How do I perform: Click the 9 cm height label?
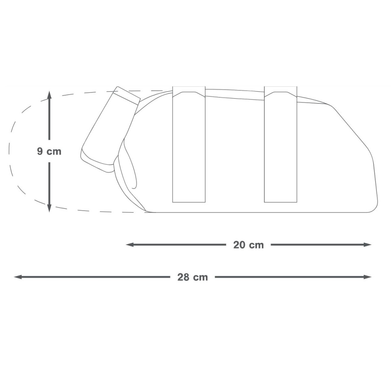coord(49,152)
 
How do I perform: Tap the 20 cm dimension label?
coord(248,245)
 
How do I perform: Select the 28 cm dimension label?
coord(193,277)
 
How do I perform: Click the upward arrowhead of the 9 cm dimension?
coord(49,95)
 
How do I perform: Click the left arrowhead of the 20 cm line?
coord(130,245)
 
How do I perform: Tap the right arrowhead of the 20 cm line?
coord(367,245)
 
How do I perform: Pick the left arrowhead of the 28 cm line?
coord(18,277)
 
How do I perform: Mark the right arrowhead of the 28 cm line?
coord(367,277)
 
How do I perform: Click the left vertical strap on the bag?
coord(189,145)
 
